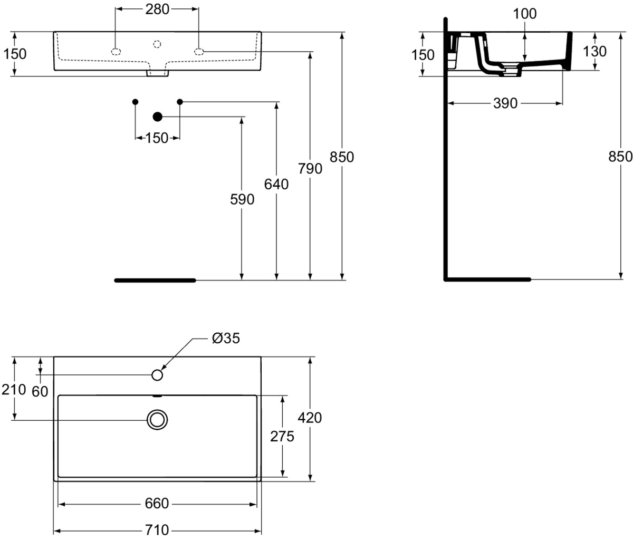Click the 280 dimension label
[157, 9]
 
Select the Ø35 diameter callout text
[226, 338]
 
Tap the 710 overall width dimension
[157, 530]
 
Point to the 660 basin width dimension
[157, 504]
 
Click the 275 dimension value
[282, 437]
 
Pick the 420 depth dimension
[310, 418]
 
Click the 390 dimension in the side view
[505, 103]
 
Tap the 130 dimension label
[594, 52]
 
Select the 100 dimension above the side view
[524, 14]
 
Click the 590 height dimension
[242, 199]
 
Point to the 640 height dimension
[276, 184]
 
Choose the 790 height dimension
[310, 169]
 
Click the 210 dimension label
[14, 390]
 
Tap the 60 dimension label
[40, 392]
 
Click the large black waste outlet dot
[157, 117]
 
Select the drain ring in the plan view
[157, 419]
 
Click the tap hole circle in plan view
[157, 375]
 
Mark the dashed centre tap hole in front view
[157, 44]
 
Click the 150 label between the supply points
[157, 138]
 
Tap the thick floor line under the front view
[155, 281]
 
